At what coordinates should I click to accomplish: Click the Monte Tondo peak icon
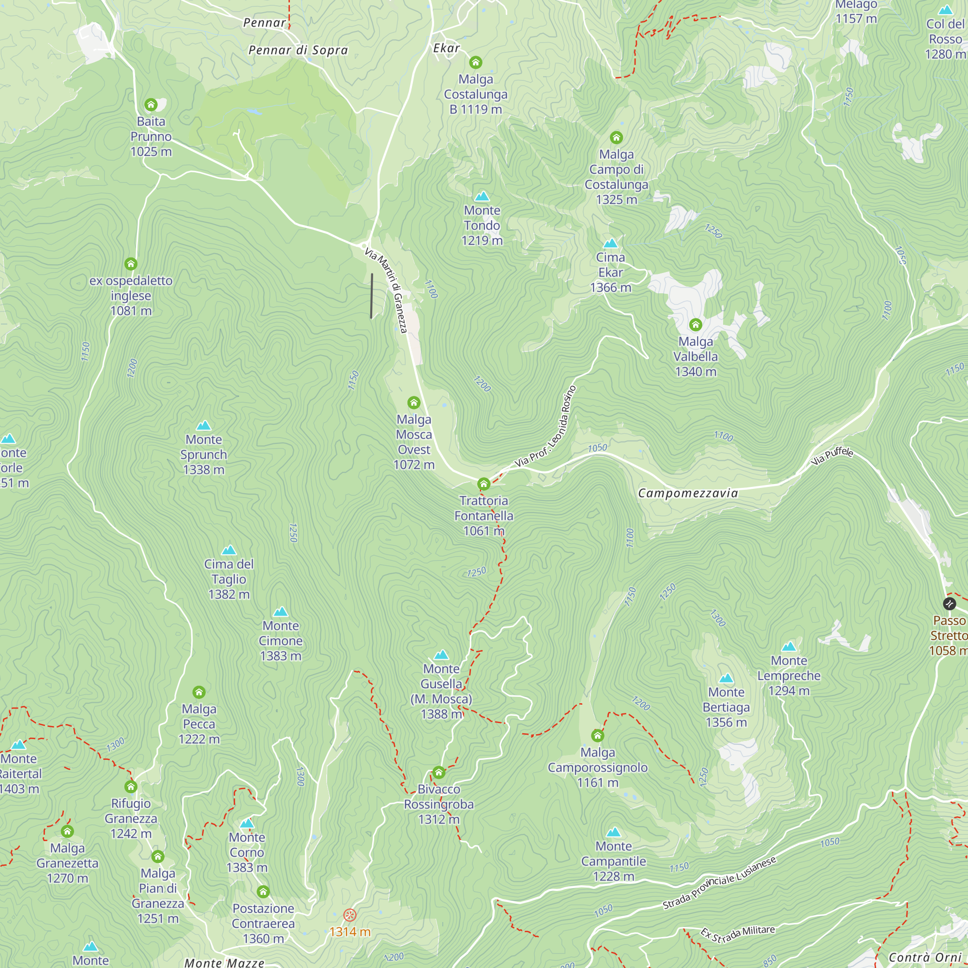click(x=482, y=197)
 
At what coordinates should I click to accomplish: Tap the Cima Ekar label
click(x=610, y=272)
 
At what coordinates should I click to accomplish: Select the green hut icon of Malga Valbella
click(x=695, y=325)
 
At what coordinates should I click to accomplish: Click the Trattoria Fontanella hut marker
click(x=484, y=484)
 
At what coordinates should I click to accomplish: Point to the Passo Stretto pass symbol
click(x=949, y=604)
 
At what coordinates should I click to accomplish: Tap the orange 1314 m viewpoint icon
click(x=350, y=915)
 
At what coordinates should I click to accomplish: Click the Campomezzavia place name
click(x=687, y=494)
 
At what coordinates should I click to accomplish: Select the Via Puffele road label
click(x=832, y=455)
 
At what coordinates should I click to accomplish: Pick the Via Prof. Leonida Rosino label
click(x=546, y=427)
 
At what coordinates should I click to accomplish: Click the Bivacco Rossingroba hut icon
click(x=439, y=772)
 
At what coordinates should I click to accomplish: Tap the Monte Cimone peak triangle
click(x=281, y=612)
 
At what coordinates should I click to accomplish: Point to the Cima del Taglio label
click(x=229, y=579)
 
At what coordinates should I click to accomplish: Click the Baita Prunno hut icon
click(x=151, y=105)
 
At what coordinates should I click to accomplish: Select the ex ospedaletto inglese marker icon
click(x=131, y=264)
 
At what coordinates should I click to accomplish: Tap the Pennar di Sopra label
click(x=298, y=50)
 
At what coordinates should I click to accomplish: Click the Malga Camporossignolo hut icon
click(x=597, y=736)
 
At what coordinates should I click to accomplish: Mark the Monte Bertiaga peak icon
click(x=726, y=679)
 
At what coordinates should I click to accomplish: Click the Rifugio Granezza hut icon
click(x=131, y=786)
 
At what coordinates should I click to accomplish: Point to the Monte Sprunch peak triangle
click(x=203, y=426)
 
